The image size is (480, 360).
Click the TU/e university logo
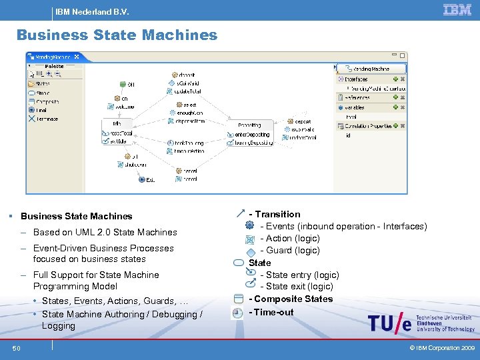pos(389,323)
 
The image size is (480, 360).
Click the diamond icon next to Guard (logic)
pos(249,251)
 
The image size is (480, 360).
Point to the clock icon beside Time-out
pos(237,312)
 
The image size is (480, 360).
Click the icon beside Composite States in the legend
pos(239,299)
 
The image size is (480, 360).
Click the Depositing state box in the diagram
pos(249,125)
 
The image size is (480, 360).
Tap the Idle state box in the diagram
pos(117,124)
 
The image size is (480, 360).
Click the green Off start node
pos(123,84)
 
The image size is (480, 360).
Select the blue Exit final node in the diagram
pos(141,179)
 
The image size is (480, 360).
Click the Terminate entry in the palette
pos(43,119)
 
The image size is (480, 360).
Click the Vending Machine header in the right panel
pos(371,69)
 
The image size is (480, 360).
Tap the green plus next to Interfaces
pos(394,79)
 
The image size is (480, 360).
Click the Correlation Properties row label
pos(368,126)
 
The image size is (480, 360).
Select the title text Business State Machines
pos(117,35)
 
